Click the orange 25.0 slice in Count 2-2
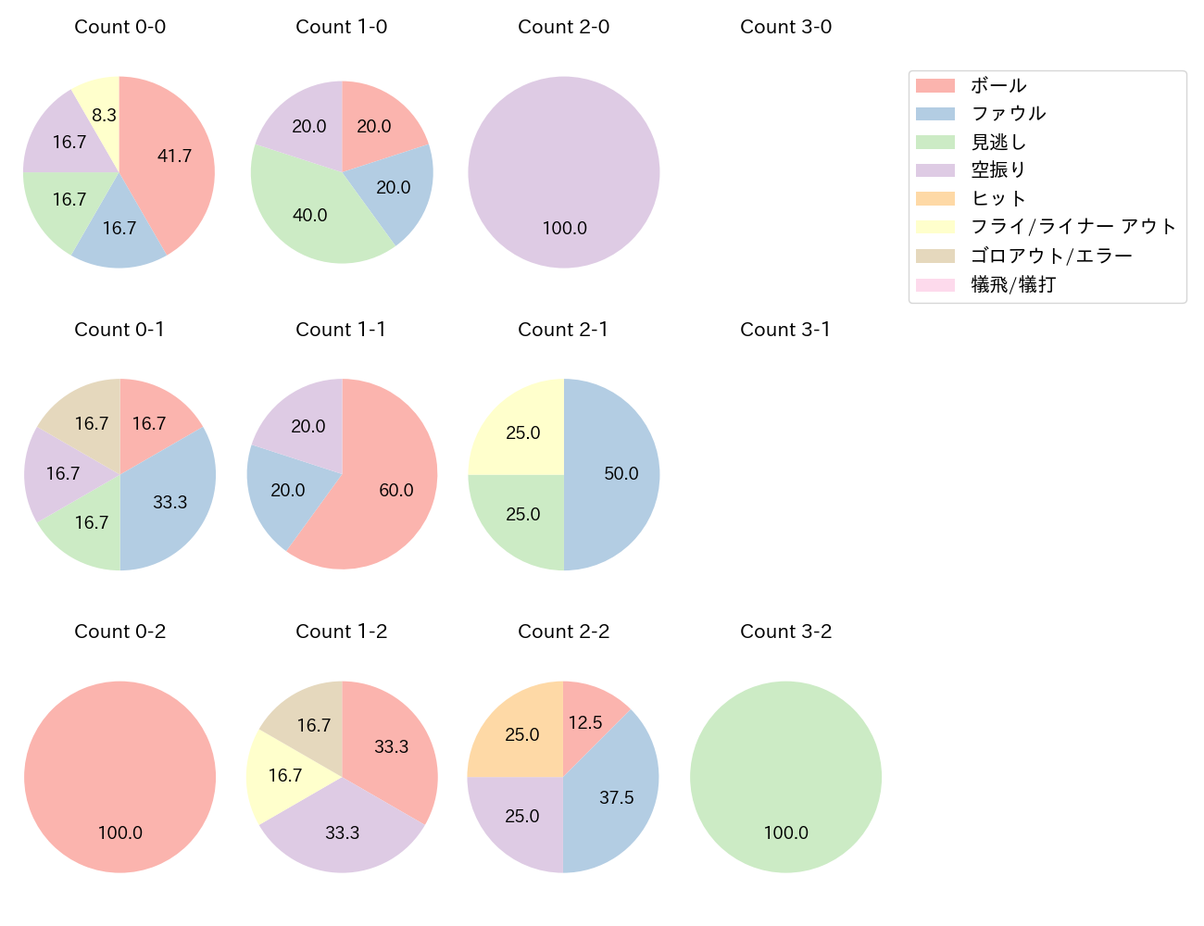coord(522,735)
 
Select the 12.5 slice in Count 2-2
coord(585,722)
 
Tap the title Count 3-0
coord(785,27)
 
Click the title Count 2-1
coord(563,330)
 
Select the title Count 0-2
coord(119,632)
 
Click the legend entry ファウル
coord(1008,114)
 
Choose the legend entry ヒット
coord(998,198)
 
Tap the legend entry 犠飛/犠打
coord(1012,284)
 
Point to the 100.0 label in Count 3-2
coord(785,832)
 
